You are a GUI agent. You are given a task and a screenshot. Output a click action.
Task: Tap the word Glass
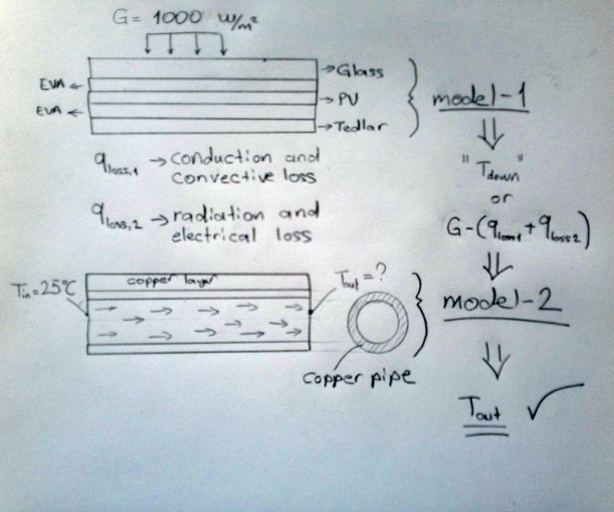pos(359,71)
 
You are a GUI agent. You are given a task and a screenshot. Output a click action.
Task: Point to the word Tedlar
pos(362,125)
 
